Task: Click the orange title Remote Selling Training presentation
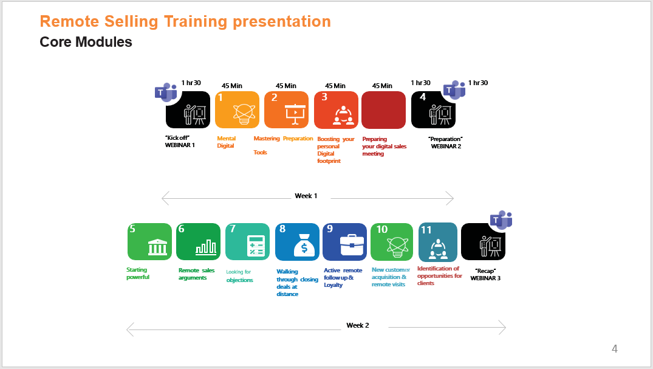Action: point(185,21)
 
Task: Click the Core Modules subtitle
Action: point(86,42)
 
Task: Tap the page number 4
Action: point(615,348)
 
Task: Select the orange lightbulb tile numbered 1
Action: point(237,109)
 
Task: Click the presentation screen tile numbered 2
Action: point(287,109)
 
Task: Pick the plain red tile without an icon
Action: point(383,110)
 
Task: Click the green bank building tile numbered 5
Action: point(149,241)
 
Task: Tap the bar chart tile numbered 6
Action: point(198,241)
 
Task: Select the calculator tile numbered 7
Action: point(247,241)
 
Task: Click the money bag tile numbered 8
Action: point(298,242)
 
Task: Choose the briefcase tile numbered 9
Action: point(345,242)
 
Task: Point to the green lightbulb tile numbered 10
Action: point(392,242)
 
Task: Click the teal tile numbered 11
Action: point(438,242)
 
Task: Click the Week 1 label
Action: point(306,196)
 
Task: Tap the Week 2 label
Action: point(358,325)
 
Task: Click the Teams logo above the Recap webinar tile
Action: point(501,220)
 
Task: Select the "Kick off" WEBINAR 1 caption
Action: point(180,142)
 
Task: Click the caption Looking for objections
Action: point(239,275)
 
